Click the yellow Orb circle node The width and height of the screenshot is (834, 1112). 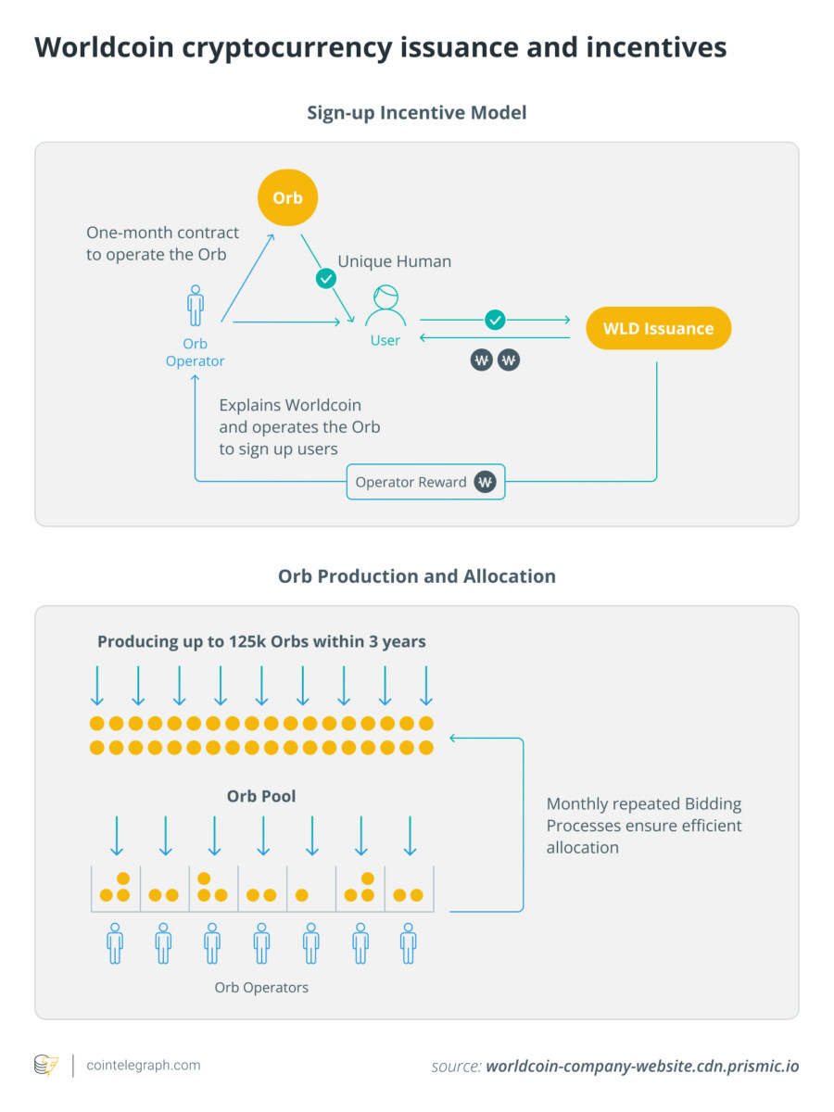[x=287, y=198]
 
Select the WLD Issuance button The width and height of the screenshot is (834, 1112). [x=658, y=328]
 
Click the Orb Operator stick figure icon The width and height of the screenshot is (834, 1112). [x=196, y=306]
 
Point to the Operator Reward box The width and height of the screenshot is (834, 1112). [x=425, y=482]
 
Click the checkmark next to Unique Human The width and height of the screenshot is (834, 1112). [x=325, y=277]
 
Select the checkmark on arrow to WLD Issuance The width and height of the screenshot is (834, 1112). [x=495, y=320]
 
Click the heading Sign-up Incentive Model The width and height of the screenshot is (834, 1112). [x=416, y=113]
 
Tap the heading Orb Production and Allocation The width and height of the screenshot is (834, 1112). [x=416, y=576]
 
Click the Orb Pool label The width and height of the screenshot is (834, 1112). [x=261, y=796]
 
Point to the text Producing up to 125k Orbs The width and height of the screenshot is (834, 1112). [x=261, y=641]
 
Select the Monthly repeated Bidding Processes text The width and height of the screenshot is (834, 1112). [x=644, y=825]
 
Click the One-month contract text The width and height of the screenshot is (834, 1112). [x=162, y=244]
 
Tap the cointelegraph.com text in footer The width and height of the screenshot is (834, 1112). [x=143, y=1066]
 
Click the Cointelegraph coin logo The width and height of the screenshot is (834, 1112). [x=45, y=1066]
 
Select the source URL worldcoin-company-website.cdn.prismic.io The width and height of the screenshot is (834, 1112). [x=641, y=1067]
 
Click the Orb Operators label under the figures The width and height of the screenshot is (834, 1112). [x=261, y=988]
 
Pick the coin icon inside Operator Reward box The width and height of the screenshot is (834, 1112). [x=485, y=482]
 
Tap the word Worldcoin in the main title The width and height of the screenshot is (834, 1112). [x=104, y=47]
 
